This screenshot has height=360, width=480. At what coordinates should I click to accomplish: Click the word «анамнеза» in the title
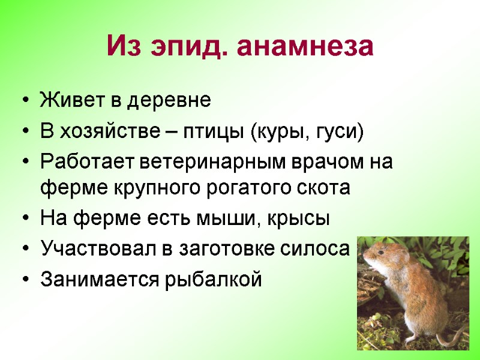coord(306,47)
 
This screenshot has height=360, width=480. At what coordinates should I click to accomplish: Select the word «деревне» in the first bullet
coord(175,101)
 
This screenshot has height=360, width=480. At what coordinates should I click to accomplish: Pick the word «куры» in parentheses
coord(277,131)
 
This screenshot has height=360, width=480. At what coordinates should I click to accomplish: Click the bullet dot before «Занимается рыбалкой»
coord(25,280)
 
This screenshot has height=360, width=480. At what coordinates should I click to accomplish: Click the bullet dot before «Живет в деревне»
coord(25,101)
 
